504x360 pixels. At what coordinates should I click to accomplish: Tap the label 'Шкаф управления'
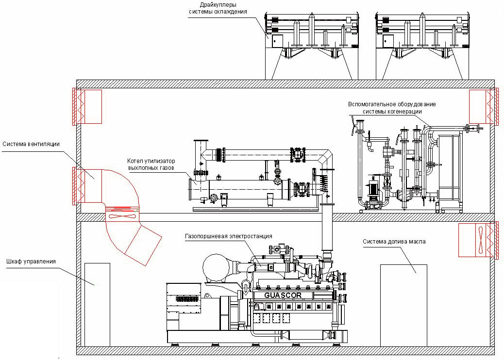[x=31, y=262]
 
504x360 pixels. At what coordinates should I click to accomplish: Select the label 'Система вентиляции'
[x=31, y=144]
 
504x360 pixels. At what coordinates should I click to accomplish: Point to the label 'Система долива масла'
[x=394, y=242]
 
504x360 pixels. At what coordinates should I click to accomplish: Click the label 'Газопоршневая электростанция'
[x=229, y=236]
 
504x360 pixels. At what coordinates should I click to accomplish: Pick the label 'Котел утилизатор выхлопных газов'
[x=151, y=164]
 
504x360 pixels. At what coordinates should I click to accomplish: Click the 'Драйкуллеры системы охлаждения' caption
[x=218, y=8]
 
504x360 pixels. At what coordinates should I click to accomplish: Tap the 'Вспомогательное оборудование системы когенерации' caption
[x=392, y=108]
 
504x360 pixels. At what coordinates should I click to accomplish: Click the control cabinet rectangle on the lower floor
[x=97, y=305]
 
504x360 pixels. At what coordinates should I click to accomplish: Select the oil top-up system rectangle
[x=403, y=305]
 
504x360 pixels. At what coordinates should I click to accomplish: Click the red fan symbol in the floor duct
[x=123, y=216]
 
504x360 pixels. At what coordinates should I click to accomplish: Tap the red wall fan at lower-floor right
[x=482, y=240]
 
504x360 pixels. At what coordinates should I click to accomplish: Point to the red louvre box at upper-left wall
[x=87, y=107]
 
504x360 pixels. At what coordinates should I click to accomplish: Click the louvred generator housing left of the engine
[x=184, y=307]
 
